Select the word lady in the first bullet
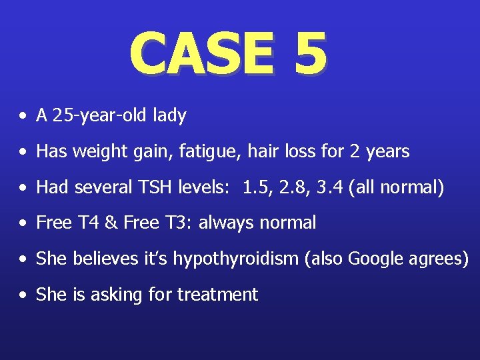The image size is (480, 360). (x=169, y=116)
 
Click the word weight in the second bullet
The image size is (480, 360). (x=96, y=152)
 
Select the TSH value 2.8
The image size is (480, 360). (x=292, y=187)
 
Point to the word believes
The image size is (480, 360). (x=98, y=259)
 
